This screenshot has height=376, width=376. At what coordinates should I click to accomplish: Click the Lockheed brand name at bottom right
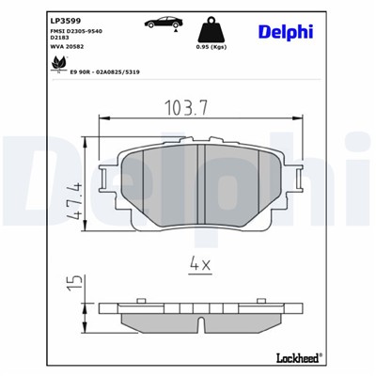299,358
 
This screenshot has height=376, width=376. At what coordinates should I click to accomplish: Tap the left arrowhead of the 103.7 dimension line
103,117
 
